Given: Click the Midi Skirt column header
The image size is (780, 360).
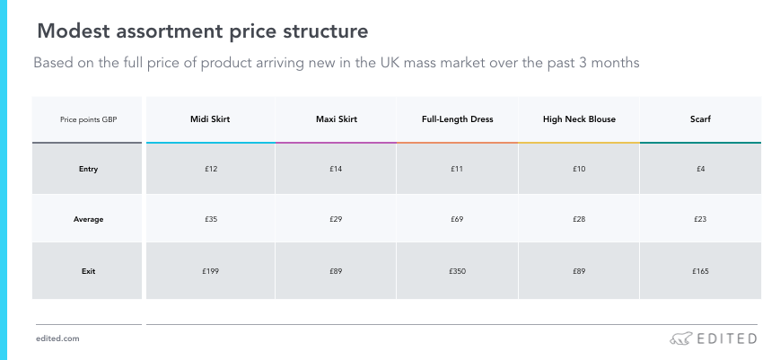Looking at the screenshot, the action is coord(210,119).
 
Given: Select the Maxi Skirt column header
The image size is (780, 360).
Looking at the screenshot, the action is coord(337,119).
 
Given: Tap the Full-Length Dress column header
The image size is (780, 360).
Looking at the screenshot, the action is coord(457,119).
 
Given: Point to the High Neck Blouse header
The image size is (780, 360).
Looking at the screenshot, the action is coord(579,119).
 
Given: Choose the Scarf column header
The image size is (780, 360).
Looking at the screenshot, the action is coord(700,119).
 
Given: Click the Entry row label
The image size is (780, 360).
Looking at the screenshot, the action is coord(88,169).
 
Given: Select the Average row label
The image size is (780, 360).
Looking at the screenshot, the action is coord(88,219).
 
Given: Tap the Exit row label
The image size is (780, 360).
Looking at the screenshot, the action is coord(88,271).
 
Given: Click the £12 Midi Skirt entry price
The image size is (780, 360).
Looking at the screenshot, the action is coord(211,169).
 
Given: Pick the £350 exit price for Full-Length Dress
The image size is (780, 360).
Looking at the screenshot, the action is coord(457,271).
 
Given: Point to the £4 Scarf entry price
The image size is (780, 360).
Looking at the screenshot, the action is coord(700,169).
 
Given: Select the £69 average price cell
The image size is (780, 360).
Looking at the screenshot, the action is coord(457,219).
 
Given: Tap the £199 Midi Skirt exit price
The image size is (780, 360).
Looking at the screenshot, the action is coord(210,271).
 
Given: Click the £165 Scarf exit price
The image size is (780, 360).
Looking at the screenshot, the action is coord(700,271).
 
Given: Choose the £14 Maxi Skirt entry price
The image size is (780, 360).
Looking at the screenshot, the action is coord(336,169).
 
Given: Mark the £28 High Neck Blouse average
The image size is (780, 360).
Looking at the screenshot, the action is coord(579,219).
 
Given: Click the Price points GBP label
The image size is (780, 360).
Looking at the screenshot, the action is coord(89,119).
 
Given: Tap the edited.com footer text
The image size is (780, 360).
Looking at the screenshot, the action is coord(57,338).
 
